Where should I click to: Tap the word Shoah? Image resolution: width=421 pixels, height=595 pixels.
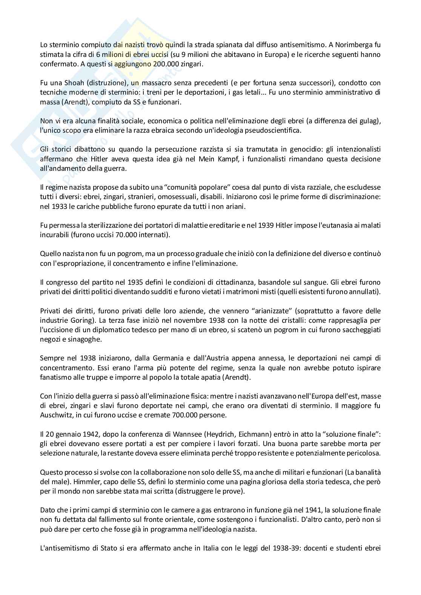point(66,83)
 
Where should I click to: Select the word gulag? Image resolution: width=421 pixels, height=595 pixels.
point(370,121)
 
